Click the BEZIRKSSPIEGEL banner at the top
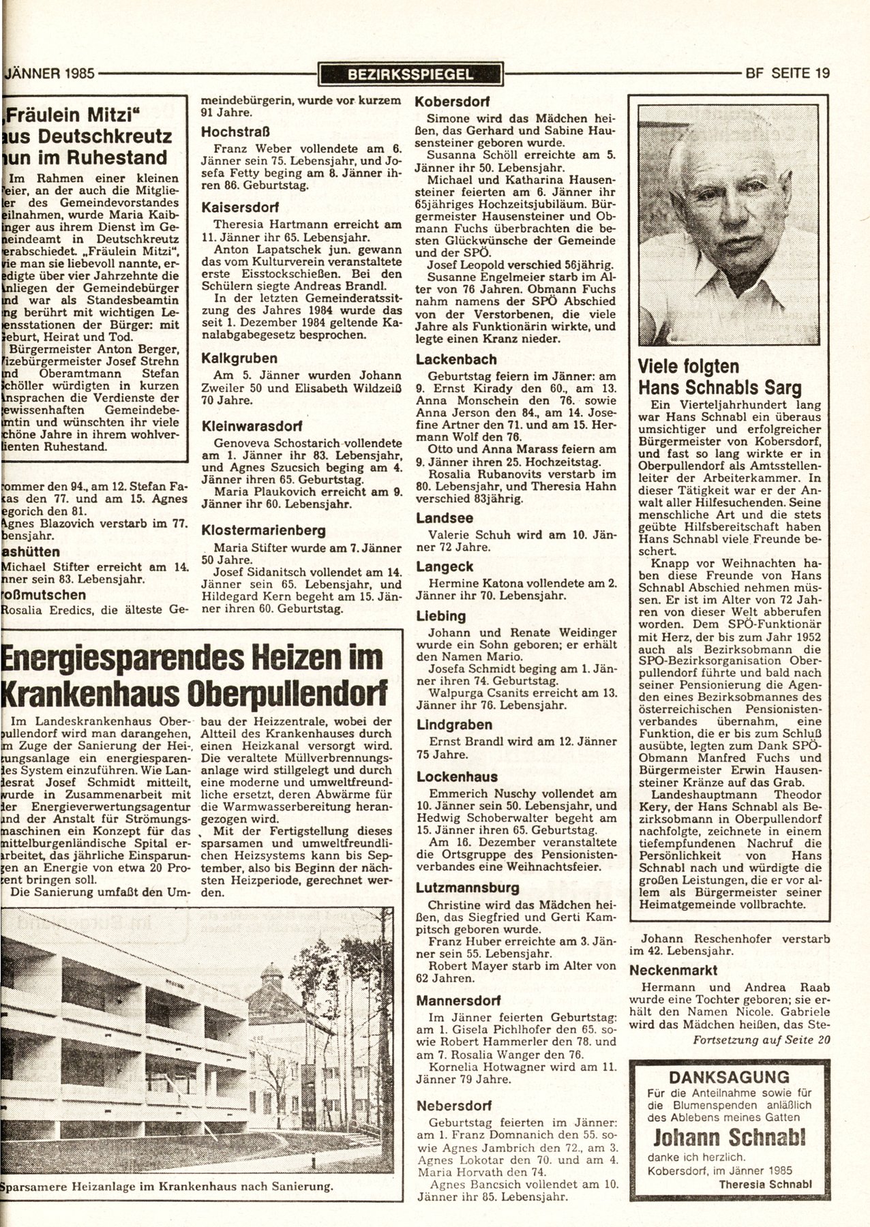[x=410, y=73]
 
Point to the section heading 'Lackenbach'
[x=456, y=359]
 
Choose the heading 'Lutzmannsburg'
[x=468, y=888]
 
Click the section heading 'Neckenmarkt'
[x=674, y=969]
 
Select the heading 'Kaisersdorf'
[x=236, y=207]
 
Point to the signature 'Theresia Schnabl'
[x=765, y=1184]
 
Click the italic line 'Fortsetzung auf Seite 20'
[x=762, y=1040]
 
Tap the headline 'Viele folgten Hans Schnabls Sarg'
[x=719, y=377]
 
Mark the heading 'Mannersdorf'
[x=459, y=1001]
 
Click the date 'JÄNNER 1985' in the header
[x=49, y=73]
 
